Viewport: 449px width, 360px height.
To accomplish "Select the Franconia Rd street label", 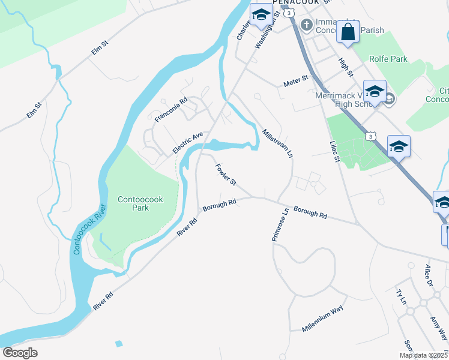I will (x=172, y=110).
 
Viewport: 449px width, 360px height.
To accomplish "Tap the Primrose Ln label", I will (x=280, y=223).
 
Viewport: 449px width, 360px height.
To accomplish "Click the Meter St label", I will (x=296, y=80).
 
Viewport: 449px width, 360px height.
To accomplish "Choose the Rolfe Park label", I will (x=388, y=59).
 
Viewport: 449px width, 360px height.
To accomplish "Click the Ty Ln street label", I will (x=402, y=296).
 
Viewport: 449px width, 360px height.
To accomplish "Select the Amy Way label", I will (x=438, y=328).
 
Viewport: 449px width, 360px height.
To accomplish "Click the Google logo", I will (x=20, y=353).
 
